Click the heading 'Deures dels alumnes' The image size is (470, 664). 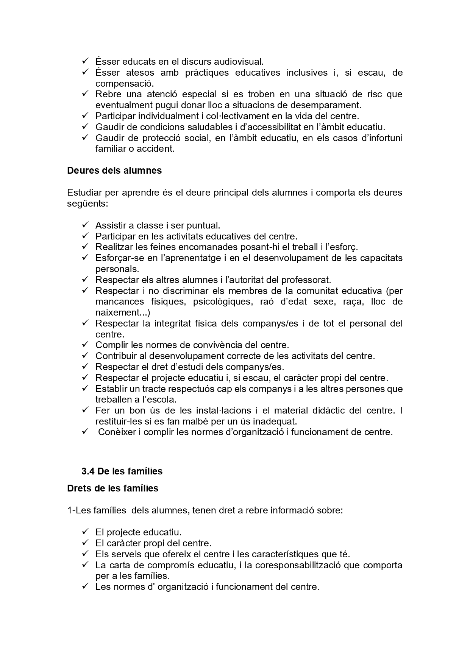[114, 171]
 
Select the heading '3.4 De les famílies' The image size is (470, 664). [122, 471]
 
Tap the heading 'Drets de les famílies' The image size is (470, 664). [112, 488]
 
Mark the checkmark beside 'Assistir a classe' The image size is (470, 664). [85, 225]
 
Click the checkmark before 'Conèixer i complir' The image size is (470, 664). [85, 432]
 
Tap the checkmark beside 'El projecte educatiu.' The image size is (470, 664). [85, 532]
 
